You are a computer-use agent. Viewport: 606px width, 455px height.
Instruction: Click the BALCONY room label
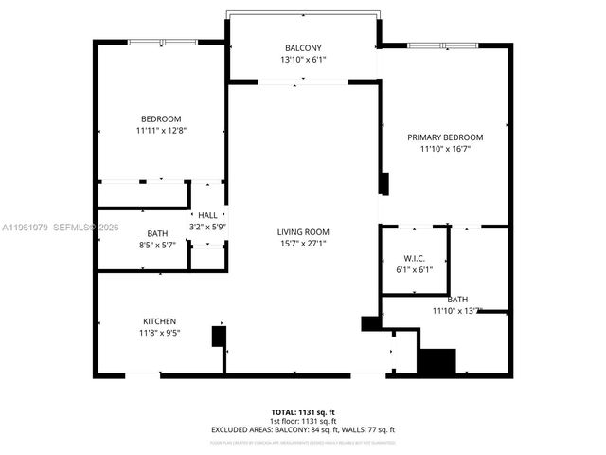303,48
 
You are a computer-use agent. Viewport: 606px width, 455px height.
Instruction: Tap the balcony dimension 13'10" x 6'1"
303,60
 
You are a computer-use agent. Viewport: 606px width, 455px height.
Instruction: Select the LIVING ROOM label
303,232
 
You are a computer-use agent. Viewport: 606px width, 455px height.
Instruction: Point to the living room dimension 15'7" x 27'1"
303,244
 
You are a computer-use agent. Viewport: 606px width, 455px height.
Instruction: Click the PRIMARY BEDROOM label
445,137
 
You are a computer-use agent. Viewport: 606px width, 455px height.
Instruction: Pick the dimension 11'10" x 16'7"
445,149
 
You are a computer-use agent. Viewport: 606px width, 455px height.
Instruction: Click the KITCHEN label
159,321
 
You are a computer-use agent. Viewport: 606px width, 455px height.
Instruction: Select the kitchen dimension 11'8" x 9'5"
159,333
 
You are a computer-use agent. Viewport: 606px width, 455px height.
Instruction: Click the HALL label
206,215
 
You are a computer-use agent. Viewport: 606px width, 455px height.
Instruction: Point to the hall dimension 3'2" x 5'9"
206,227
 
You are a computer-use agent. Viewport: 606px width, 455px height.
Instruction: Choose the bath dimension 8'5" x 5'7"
157,245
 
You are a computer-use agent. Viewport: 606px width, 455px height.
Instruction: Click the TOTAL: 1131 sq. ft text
303,412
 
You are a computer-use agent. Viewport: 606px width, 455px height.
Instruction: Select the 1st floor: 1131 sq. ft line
303,421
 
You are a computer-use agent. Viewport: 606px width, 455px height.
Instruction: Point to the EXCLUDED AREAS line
303,429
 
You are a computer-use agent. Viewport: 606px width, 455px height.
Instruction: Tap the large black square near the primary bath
437,362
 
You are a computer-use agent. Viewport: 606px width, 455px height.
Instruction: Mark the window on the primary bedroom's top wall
443,45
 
